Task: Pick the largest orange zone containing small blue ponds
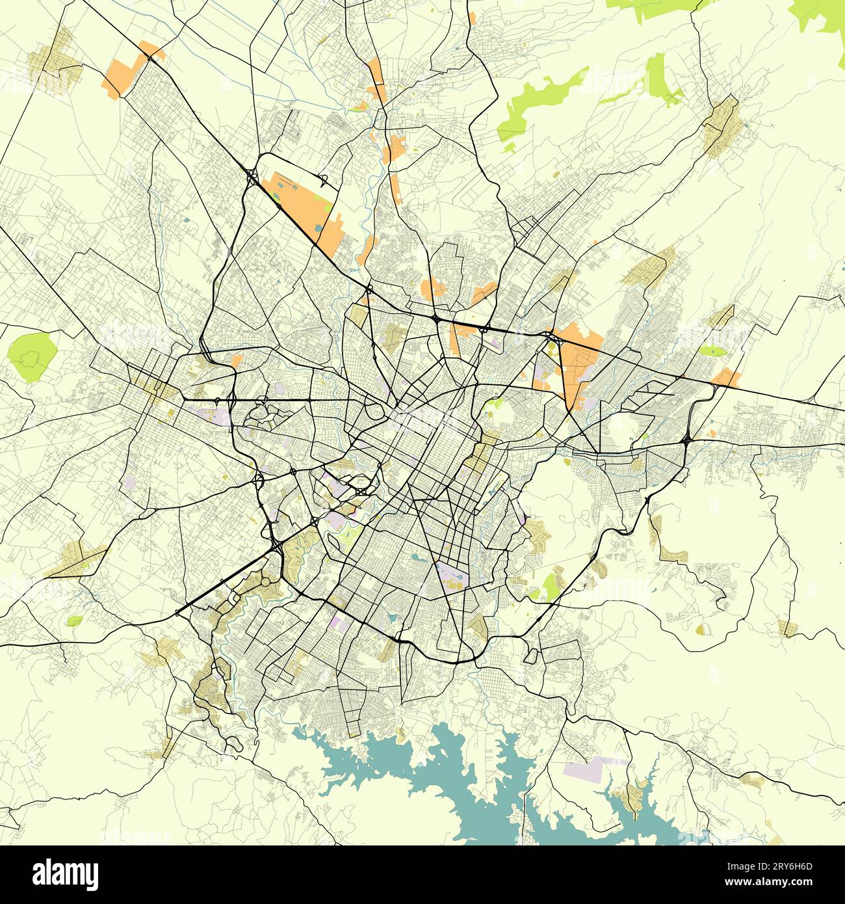302,205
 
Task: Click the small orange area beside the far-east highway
725,377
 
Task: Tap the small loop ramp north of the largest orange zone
323,178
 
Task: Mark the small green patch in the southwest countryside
74,620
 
